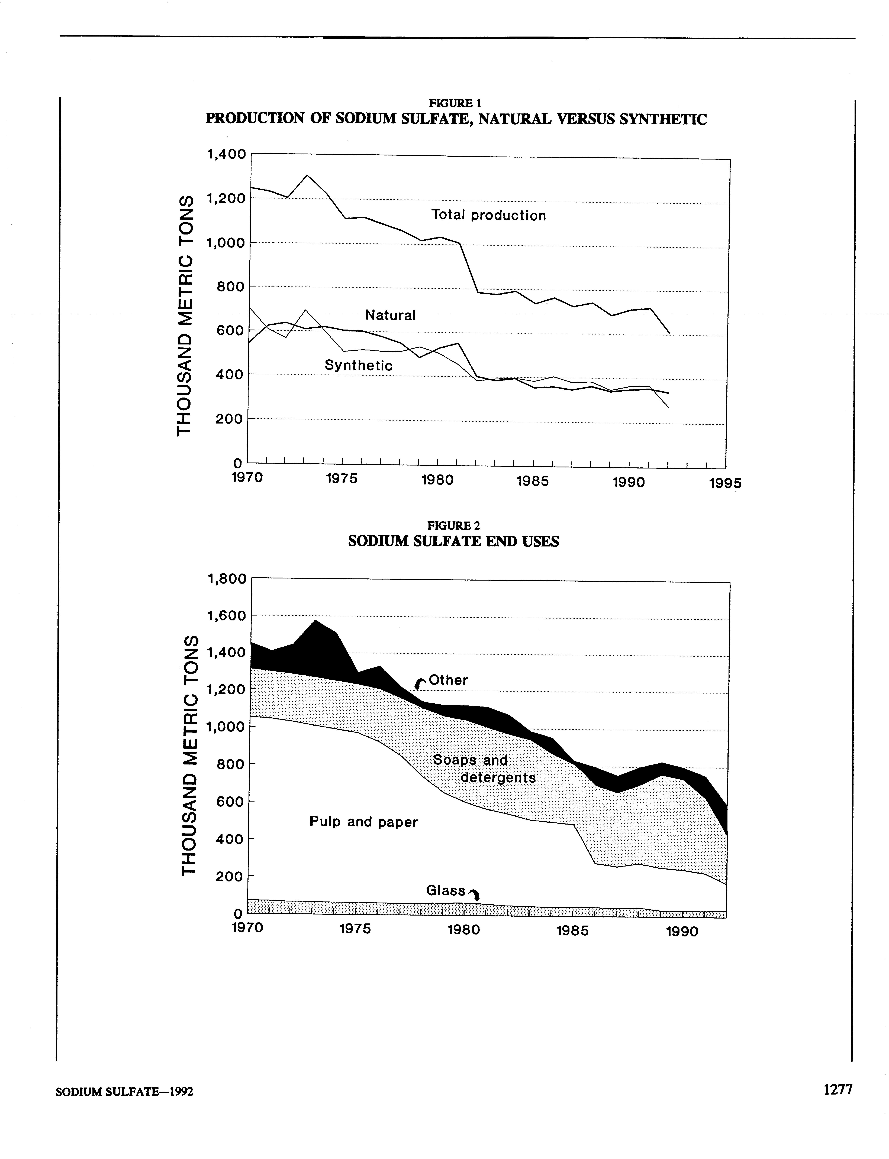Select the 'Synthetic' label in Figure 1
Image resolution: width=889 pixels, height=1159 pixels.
[358, 365]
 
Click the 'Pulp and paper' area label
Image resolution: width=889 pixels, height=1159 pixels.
[363, 822]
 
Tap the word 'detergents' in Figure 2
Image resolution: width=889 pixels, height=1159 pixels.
[498, 778]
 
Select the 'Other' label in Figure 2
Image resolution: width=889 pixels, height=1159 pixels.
[448, 680]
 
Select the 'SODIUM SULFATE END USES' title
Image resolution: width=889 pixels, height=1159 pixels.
[453, 541]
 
